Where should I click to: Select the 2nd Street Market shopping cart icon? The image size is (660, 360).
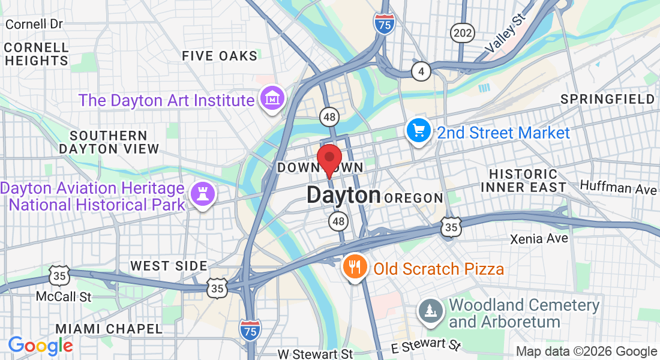tap(418, 130)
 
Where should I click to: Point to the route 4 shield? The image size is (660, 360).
tap(421, 71)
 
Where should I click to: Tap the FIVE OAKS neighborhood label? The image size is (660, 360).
tap(220, 56)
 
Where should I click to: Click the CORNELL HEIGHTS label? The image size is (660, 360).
tap(36, 54)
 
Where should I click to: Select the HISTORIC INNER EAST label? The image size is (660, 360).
tap(527, 180)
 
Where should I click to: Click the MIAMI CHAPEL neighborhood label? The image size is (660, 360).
tap(109, 329)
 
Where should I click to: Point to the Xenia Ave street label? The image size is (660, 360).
tap(539, 239)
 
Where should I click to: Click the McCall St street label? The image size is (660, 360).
tap(63, 296)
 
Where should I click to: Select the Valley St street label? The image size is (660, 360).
tap(505, 35)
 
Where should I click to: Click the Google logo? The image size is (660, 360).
tap(40, 345)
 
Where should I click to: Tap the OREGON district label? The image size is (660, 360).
tap(413, 198)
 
